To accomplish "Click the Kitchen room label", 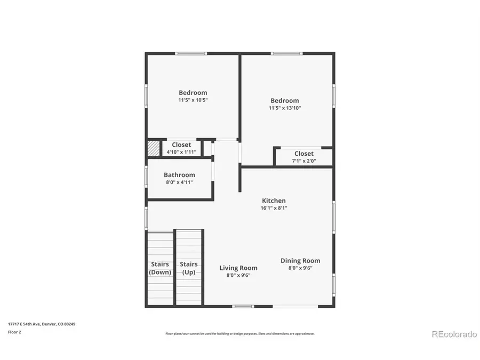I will [273, 201].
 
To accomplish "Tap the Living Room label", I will [238, 268].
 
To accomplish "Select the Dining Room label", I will [300, 261].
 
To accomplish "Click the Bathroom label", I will [179, 175].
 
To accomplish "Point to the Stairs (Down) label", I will [160, 268].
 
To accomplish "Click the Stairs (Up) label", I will [189, 268].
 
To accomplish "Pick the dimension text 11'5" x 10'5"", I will [193, 100].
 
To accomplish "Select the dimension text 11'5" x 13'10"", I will [284, 108].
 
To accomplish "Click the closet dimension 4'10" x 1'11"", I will [181, 152].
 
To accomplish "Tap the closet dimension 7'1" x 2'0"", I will [303, 161].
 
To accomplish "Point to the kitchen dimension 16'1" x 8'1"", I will [273, 208].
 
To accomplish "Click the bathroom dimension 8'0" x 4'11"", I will [179, 182].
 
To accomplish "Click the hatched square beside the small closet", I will [153, 148].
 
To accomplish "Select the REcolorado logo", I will [454, 334].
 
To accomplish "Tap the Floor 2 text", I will [14, 331].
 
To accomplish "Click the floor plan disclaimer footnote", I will [240, 334].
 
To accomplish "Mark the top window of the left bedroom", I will [192, 53].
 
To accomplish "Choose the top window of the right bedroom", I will [286, 53].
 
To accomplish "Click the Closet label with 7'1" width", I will [303, 154].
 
